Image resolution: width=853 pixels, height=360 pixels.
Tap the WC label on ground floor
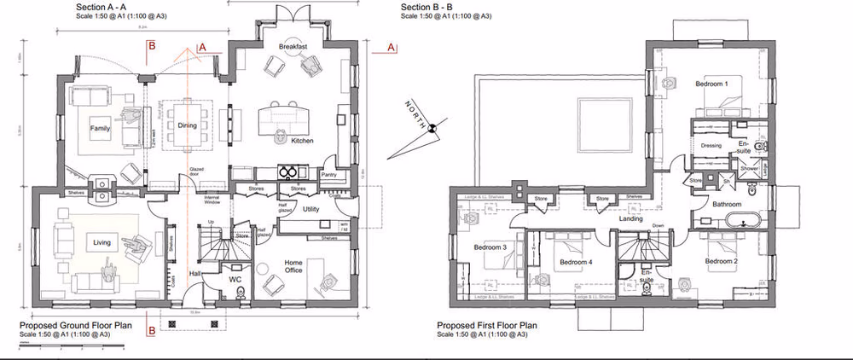(x=236, y=279)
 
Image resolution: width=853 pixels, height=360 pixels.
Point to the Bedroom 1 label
(x=711, y=84)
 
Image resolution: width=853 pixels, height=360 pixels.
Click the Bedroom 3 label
(x=490, y=248)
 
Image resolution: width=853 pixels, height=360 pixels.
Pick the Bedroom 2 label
(x=722, y=260)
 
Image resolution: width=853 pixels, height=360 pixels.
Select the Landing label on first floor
(x=631, y=219)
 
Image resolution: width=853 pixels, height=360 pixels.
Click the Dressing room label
(x=711, y=146)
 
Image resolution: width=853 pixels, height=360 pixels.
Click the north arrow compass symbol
(x=432, y=128)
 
